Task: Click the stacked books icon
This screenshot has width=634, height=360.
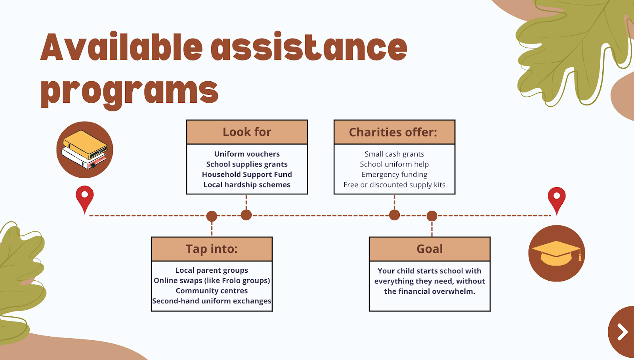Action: pyautogui.click(x=84, y=149)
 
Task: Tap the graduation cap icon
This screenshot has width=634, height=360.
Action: pyautogui.click(x=556, y=253)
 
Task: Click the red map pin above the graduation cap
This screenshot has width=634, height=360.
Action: pyautogui.click(x=556, y=198)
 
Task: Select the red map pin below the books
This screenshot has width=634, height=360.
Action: pyautogui.click(x=84, y=197)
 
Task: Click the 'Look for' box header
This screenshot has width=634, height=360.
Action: pyautogui.click(x=247, y=132)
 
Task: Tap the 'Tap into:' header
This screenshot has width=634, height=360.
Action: pyautogui.click(x=212, y=249)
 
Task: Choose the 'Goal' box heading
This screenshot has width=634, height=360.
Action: pyautogui.click(x=430, y=249)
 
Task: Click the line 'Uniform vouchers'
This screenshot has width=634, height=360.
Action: pyautogui.click(x=247, y=154)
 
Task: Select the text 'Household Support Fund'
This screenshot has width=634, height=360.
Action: pyautogui.click(x=247, y=174)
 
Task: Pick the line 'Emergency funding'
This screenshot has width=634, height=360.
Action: pyautogui.click(x=394, y=174)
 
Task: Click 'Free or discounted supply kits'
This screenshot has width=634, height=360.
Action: pyautogui.click(x=394, y=185)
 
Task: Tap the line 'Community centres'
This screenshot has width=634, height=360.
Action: pyautogui.click(x=212, y=291)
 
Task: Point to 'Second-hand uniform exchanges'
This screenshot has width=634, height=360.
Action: pyautogui.click(x=212, y=301)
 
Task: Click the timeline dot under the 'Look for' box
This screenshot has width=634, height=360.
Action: pyautogui.click(x=246, y=215)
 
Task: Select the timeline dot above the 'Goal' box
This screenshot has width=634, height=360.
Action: pyautogui.click(x=432, y=216)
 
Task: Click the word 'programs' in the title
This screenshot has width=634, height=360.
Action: pyautogui.click(x=130, y=91)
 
